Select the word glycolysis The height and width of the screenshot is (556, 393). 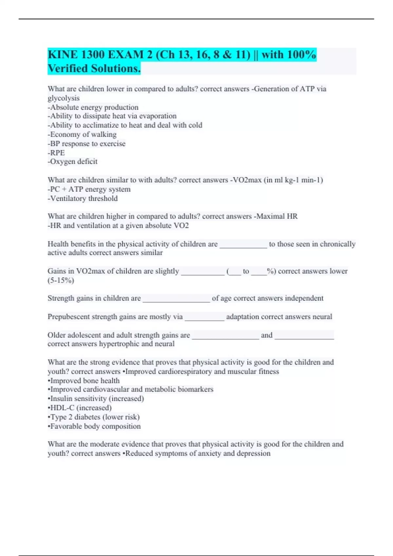point(64,98)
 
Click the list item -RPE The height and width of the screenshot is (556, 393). point(56,153)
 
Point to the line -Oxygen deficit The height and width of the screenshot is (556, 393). point(73,162)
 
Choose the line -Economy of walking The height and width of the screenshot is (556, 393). point(82,134)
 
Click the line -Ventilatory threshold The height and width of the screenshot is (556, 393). point(83,199)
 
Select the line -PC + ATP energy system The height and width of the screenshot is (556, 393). point(89,189)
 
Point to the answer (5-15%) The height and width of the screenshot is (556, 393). point(61,280)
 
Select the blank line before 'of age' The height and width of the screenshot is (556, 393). point(176,299)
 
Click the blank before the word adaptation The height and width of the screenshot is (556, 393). point(204,318)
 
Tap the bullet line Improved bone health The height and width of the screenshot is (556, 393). point(84,381)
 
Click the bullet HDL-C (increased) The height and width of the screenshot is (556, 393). point(80,408)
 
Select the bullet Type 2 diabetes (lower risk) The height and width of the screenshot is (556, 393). point(94,417)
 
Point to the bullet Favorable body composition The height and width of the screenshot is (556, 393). point(94,426)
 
